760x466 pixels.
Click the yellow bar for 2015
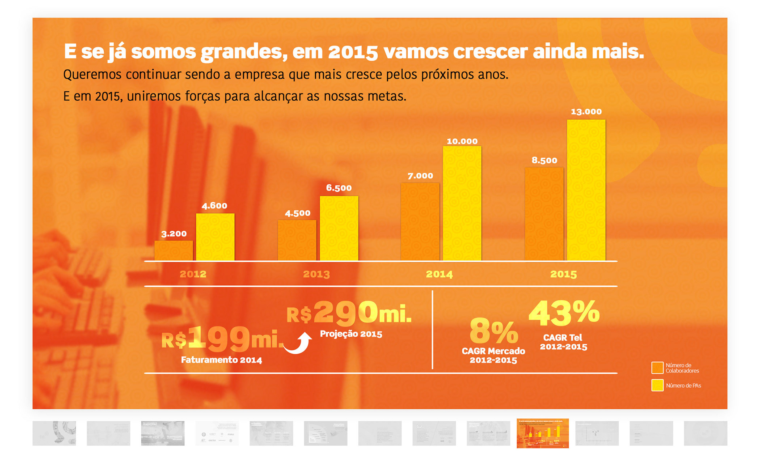coord(586,190)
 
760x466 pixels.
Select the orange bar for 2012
coord(173,250)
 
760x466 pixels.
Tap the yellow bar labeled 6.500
coord(339,228)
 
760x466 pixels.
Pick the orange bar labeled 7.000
coord(420,222)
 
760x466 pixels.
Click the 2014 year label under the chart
coord(439,274)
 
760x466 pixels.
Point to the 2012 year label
coord(193,274)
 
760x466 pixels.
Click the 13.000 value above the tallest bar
coord(586,112)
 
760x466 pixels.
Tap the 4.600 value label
coord(214,206)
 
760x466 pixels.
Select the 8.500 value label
coord(544,160)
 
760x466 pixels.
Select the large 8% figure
coord(493,331)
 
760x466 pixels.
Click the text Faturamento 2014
coord(221,360)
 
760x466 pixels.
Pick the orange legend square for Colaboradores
coord(657,368)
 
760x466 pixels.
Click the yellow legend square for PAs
coord(657,385)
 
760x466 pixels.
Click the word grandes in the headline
coord(244,52)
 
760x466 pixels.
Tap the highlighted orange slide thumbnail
coord(542,433)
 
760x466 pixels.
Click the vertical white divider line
coord(432,330)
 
